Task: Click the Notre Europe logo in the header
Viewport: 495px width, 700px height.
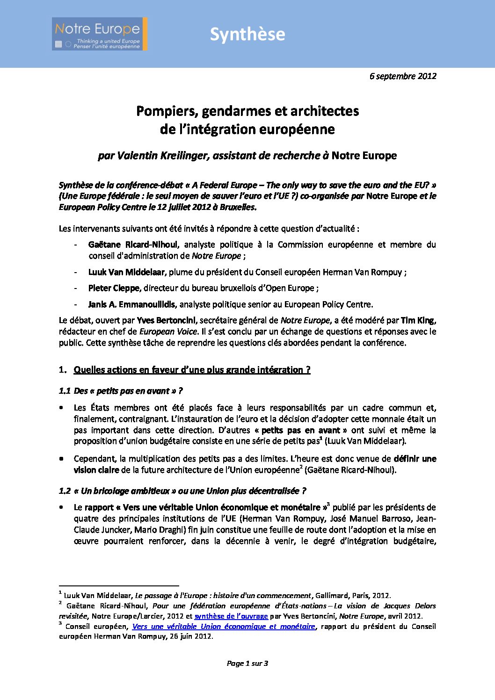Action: pos(100,34)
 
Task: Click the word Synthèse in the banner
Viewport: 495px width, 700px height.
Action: pos(247,34)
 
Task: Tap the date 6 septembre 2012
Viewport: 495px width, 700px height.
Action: pos(402,76)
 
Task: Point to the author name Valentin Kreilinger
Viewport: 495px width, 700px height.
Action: pos(162,156)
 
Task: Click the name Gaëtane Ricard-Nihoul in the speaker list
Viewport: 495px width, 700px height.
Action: pos(133,245)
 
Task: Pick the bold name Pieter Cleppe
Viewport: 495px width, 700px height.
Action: pos(114,288)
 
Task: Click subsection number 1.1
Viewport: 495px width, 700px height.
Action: pos(65,391)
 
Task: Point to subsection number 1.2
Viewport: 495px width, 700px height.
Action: pos(65,491)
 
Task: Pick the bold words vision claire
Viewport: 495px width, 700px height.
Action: pos(96,470)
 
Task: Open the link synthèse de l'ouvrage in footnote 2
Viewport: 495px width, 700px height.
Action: pos(231,616)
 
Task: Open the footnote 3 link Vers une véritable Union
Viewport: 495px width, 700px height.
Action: pos(224,627)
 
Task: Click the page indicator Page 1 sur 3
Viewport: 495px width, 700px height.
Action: pos(247,663)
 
